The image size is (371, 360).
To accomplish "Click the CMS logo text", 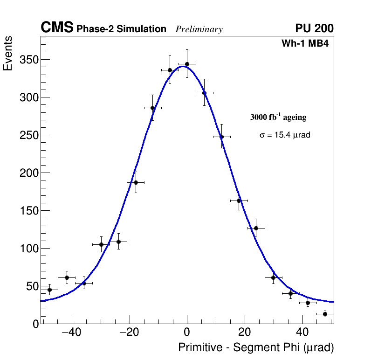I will [x=57, y=28].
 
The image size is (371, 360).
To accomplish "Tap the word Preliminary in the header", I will [x=199, y=29].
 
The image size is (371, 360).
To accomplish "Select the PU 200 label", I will [x=314, y=28].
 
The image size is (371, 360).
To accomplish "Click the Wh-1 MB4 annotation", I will [x=305, y=44].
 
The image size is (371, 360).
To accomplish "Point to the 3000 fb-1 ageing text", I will [x=278, y=117].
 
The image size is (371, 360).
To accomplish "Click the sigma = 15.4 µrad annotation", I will [x=285, y=135].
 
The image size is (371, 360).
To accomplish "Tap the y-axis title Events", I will [x=8, y=54].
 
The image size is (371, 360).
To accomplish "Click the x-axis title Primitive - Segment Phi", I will [x=256, y=347].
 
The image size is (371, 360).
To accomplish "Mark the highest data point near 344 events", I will [x=187, y=64].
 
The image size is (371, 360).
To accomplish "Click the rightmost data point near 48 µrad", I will [x=325, y=314].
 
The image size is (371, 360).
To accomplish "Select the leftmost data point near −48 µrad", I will [x=49, y=290].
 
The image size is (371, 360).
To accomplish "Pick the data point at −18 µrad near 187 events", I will [x=136, y=182].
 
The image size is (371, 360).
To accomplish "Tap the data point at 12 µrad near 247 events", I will [x=221, y=137].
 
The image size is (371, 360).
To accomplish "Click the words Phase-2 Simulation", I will [x=121, y=29].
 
